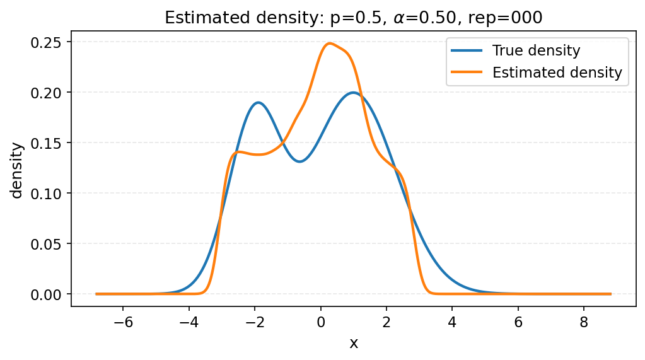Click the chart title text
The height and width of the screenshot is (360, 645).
(x=353, y=18)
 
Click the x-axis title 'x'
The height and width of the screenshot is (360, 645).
(x=354, y=343)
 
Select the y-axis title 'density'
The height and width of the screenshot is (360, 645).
(x=18, y=170)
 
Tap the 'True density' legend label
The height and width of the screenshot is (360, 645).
(x=536, y=50)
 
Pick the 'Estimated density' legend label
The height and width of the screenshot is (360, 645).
(x=557, y=73)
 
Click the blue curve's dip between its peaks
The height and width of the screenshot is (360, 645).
(x=300, y=161)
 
